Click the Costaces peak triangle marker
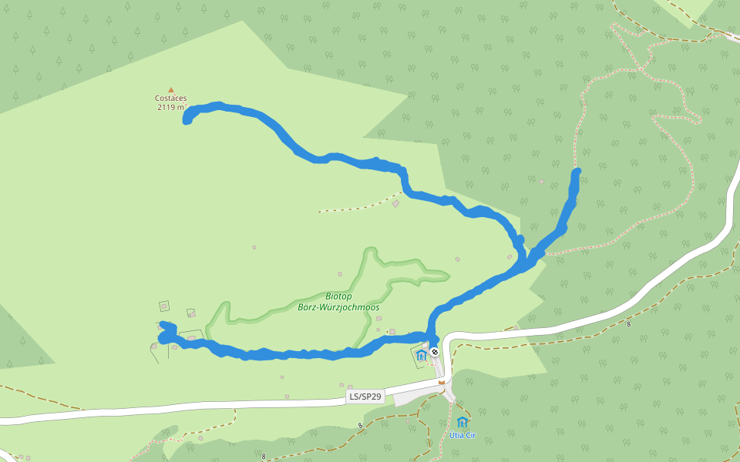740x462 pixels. point(171,89)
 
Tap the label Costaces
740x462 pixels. point(170,98)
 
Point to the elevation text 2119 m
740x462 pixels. point(170,107)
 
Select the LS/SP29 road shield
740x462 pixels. point(365,397)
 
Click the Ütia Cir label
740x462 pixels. point(462,435)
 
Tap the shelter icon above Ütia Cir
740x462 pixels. point(462,422)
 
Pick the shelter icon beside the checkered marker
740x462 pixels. point(421,355)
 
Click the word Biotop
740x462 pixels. point(338,296)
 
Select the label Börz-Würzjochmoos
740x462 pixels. point(338,306)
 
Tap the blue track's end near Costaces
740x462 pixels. point(187,120)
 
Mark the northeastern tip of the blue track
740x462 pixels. point(577,171)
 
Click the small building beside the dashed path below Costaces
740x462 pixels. point(395,204)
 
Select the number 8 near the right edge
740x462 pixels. point(628,324)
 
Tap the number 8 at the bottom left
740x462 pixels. point(263,456)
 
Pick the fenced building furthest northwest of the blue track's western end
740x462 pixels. point(163,306)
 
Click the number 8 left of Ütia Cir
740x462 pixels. point(360,425)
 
